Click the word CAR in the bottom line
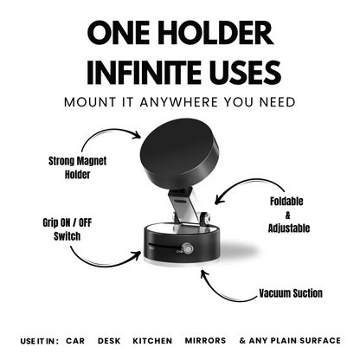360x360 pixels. (x=74, y=341)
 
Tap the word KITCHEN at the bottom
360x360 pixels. (x=151, y=341)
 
